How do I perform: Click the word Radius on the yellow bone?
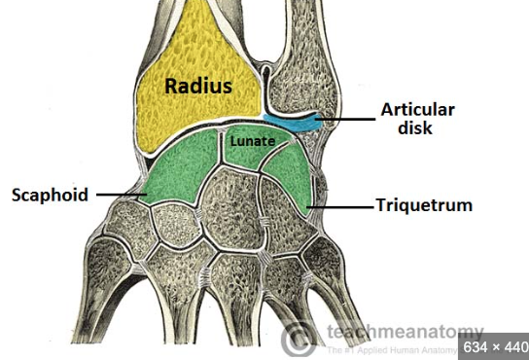coord(198,87)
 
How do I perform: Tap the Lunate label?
coord(251,142)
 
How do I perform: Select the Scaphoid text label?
coord(50,195)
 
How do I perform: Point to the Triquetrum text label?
coord(425,206)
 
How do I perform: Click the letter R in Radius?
coord(170,87)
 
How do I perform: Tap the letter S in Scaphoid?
coord(17,195)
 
